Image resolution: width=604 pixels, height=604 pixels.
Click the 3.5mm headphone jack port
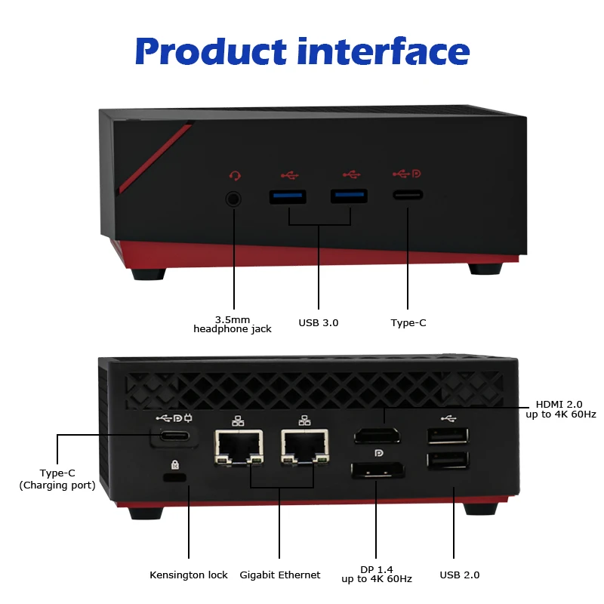[234, 199]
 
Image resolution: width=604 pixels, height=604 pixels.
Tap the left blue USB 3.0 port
[288, 197]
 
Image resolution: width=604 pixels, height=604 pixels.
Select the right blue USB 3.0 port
[349, 196]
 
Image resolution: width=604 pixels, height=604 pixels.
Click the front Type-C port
[408, 195]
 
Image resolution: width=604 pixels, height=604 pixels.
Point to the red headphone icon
[236, 176]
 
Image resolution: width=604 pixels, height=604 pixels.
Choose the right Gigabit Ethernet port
[305, 445]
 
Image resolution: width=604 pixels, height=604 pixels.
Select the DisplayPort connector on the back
[377, 472]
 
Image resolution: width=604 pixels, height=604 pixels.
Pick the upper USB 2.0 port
[447, 436]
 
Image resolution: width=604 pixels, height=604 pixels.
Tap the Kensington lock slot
[175, 478]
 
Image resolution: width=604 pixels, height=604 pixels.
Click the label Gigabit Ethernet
[280, 575]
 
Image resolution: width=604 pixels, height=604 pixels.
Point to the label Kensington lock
[188, 575]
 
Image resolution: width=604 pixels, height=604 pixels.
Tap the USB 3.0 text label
[319, 322]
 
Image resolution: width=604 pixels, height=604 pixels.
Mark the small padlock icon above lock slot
[175, 464]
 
